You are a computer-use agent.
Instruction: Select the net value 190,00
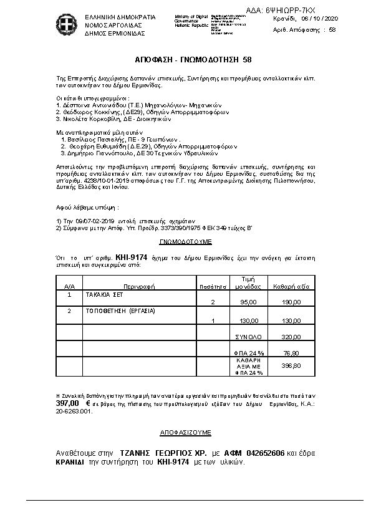[291, 302]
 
